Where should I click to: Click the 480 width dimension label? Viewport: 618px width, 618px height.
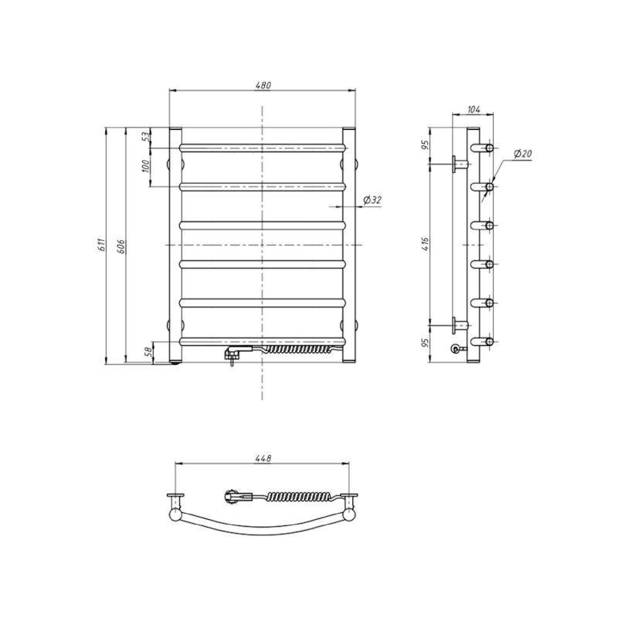[x=263, y=85]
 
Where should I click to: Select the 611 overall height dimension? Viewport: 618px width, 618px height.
[x=101, y=245]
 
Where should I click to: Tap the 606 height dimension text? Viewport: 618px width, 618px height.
[x=121, y=245]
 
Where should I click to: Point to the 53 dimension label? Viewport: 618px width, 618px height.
[x=144, y=137]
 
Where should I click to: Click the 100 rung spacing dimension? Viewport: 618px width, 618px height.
[x=144, y=166]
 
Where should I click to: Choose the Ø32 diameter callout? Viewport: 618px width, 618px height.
[x=372, y=201]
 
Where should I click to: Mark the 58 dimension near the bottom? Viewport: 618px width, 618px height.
[x=148, y=352]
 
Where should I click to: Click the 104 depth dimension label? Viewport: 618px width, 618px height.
[x=474, y=110]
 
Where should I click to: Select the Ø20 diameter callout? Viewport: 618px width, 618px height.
[x=522, y=154]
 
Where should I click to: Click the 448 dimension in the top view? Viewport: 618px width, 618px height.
[x=263, y=458]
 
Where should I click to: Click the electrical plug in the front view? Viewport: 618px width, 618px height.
[x=231, y=355]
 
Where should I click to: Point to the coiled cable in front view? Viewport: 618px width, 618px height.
[x=297, y=350]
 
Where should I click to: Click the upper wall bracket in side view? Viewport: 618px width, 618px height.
[x=460, y=164]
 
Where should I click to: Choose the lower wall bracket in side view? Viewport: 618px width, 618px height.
[x=460, y=324]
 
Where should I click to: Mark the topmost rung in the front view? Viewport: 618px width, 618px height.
[x=263, y=146]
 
